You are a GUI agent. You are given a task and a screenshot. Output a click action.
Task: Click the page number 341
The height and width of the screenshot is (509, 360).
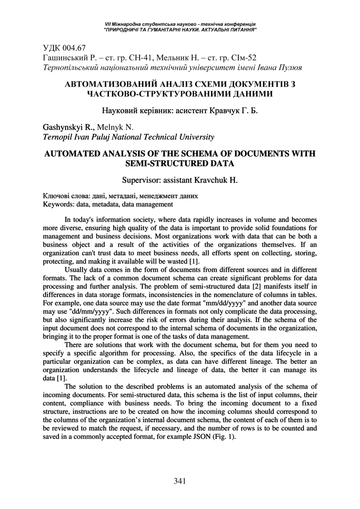[180, 481]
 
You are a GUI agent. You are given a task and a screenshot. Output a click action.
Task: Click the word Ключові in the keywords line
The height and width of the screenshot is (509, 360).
[56, 196]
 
